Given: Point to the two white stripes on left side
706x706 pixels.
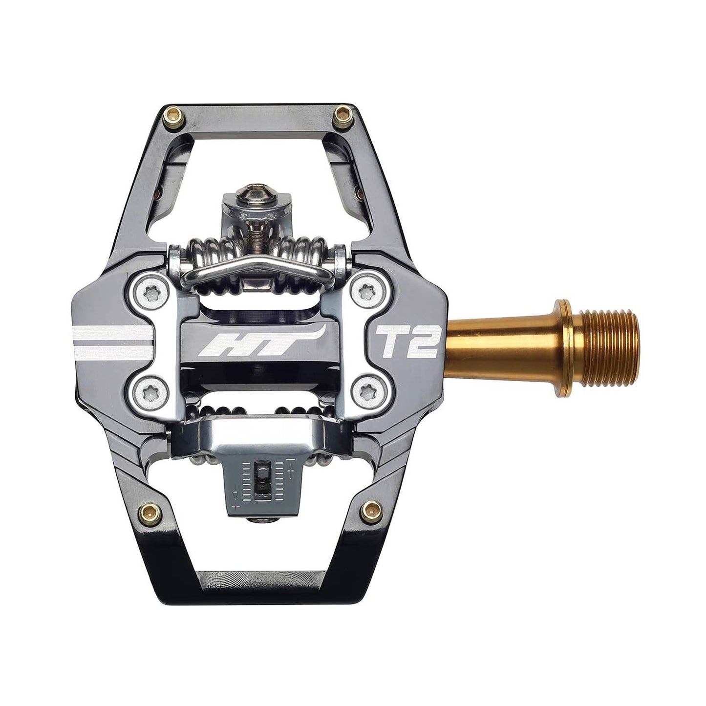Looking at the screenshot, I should pos(110,342).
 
